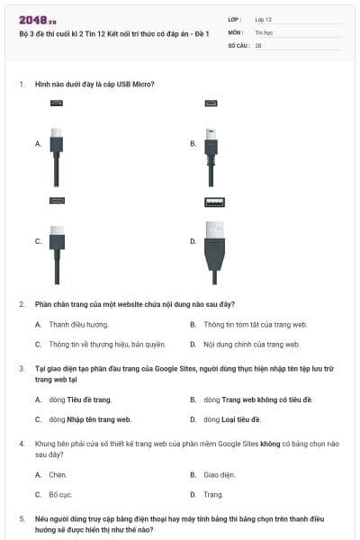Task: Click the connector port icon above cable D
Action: point(213,202)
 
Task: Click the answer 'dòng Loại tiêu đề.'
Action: point(231,419)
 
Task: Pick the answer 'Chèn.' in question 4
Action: point(58,474)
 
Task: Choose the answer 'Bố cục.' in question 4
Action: point(59,495)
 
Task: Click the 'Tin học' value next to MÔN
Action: point(264,31)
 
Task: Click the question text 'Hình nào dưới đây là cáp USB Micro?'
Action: point(94,84)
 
